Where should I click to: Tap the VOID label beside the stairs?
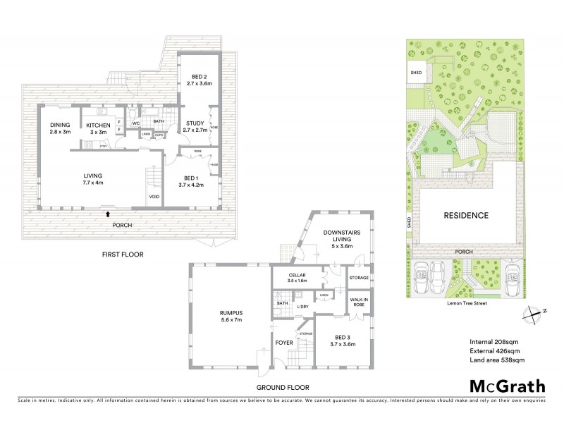pos(154,197)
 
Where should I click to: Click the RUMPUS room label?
pos(230,316)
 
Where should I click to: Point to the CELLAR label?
pos(292,277)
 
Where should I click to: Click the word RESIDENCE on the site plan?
pos(466,215)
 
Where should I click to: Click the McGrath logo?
pos(507,386)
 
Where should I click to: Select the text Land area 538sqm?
pos(496,360)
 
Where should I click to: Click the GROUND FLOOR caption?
pos(284,387)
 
